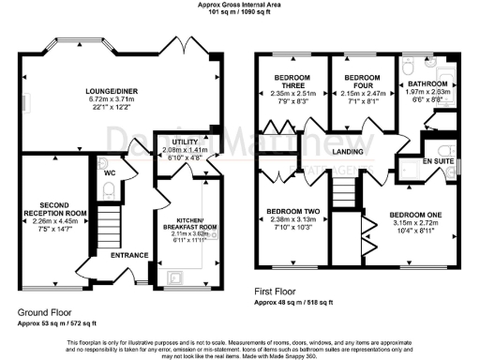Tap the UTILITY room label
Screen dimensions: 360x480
(175, 141)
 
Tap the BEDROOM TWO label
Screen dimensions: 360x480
(292, 211)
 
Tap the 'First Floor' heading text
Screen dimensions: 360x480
(281, 292)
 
